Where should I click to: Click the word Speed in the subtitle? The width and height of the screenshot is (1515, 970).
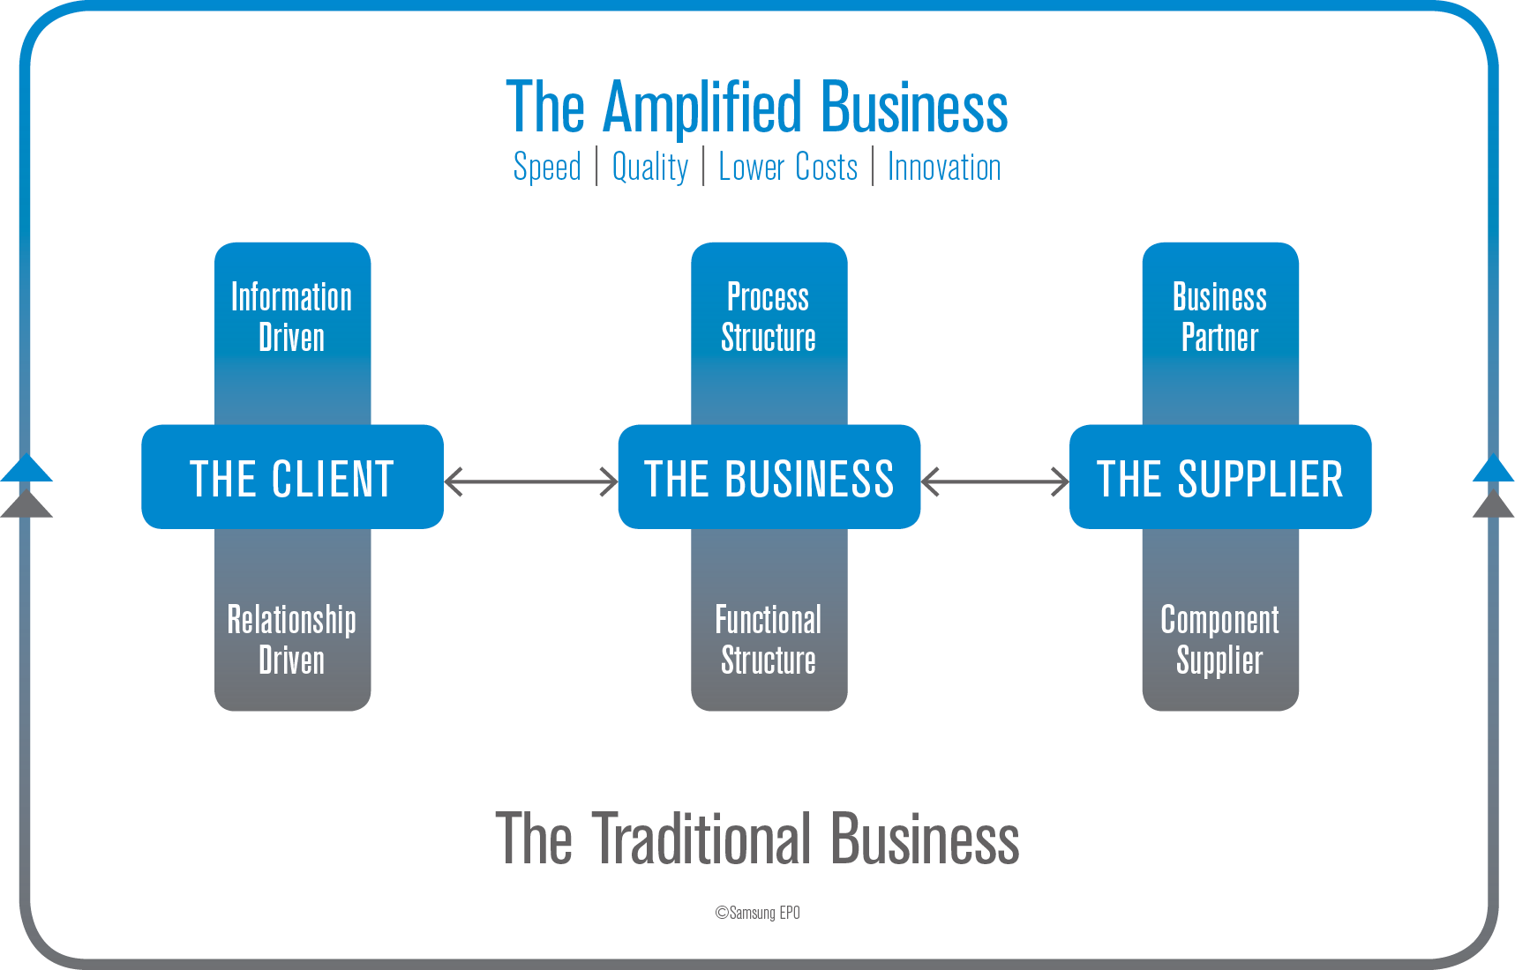[547, 168]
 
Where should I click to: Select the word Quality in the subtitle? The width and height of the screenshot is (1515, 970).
[650, 168]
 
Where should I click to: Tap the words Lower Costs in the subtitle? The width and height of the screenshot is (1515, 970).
[788, 168]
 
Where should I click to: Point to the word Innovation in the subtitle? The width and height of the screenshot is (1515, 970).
[944, 168]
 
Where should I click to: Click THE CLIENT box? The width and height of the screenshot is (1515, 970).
[292, 478]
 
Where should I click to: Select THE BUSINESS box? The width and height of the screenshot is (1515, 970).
[769, 478]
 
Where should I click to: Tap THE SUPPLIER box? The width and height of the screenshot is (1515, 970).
[1219, 478]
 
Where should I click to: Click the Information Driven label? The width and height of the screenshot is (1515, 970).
[292, 317]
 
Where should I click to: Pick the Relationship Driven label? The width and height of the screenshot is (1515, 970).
[292, 640]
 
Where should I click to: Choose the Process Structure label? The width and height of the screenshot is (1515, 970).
[769, 317]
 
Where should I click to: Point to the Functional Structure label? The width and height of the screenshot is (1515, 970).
[769, 640]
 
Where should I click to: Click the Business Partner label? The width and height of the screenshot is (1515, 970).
[1219, 317]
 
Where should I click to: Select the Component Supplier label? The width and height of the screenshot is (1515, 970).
[1219, 640]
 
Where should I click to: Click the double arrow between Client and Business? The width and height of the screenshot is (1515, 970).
[531, 481]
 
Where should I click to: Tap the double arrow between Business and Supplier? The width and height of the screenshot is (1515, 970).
[994, 481]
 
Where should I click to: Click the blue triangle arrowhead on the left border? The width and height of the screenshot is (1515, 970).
[26, 468]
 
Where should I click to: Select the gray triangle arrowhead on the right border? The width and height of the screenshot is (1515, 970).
[1493, 506]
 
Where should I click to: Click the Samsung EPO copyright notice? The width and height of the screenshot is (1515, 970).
[757, 913]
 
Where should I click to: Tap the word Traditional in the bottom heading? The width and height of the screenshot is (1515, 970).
[702, 839]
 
